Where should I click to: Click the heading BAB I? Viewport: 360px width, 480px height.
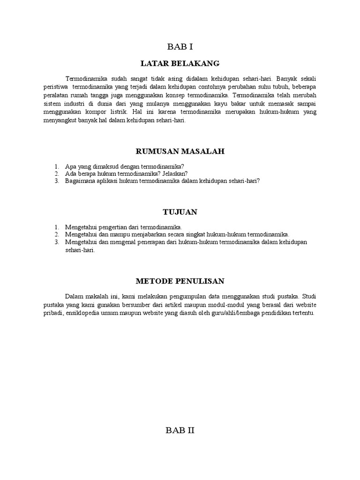pyautogui.click(x=180, y=46)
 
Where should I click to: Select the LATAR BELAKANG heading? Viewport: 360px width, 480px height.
pyautogui.click(x=180, y=63)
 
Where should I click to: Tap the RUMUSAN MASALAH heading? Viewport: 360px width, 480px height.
pyautogui.click(x=180, y=151)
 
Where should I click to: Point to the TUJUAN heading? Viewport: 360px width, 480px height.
pyautogui.click(x=180, y=212)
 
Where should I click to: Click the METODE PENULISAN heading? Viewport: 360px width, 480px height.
pyautogui.click(x=180, y=281)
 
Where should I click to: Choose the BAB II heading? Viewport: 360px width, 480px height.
pyautogui.click(x=180, y=431)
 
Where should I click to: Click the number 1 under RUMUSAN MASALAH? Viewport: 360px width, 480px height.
pyautogui.click(x=56, y=166)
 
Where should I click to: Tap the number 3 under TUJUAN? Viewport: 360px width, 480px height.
pyautogui.click(x=56, y=242)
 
